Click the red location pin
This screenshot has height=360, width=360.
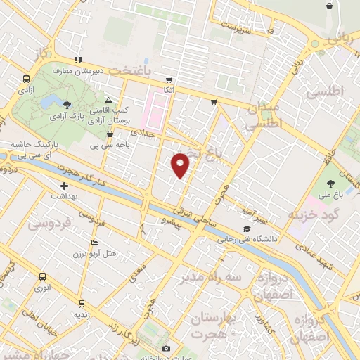click(181, 165)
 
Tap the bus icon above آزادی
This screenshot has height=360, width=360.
click(26, 79)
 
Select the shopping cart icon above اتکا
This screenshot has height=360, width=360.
click(168, 79)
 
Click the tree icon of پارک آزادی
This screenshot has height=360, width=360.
click(67, 103)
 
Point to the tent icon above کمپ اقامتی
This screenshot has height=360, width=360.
click(108, 101)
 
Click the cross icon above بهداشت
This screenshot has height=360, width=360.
click(64, 186)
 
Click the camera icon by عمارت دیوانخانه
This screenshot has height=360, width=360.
click(166, 348)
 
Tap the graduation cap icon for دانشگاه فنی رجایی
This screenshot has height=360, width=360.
click(246, 229)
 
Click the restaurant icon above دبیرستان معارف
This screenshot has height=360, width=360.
click(78, 60)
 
